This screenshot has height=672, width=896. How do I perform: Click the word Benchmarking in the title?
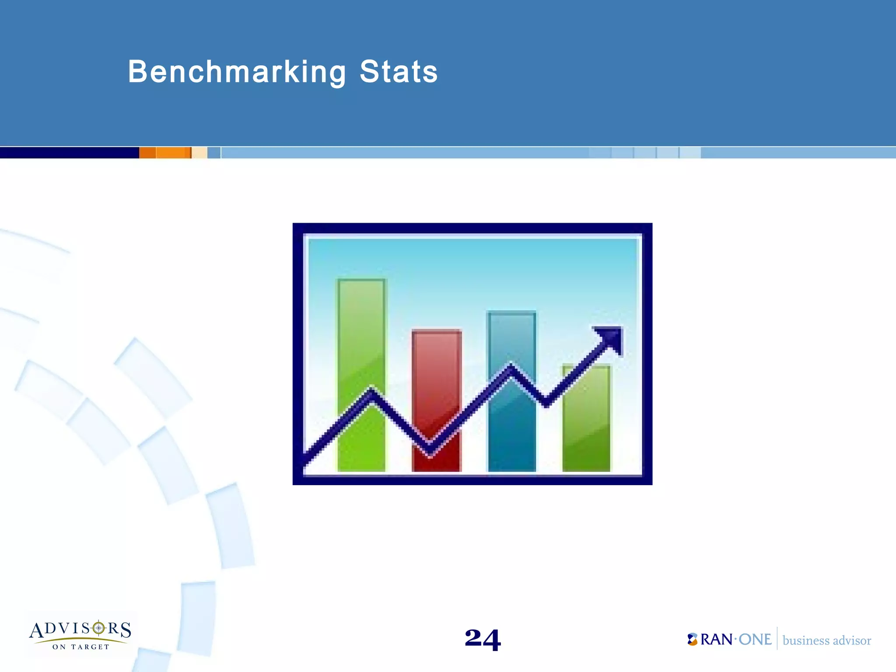click(237, 72)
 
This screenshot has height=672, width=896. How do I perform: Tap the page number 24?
click(483, 639)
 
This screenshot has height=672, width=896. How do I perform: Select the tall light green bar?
click(361, 332)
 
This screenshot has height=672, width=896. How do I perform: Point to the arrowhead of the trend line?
click(610, 338)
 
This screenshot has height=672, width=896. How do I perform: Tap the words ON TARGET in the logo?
click(81, 647)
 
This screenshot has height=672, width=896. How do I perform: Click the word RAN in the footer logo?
click(717, 640)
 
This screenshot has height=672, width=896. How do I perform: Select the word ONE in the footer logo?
click(755, 640)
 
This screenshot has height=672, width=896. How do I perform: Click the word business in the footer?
click(805, 641)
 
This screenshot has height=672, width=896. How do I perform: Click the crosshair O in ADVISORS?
click(99, 629)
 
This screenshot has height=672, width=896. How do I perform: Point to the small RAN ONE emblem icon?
click(692, 640)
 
